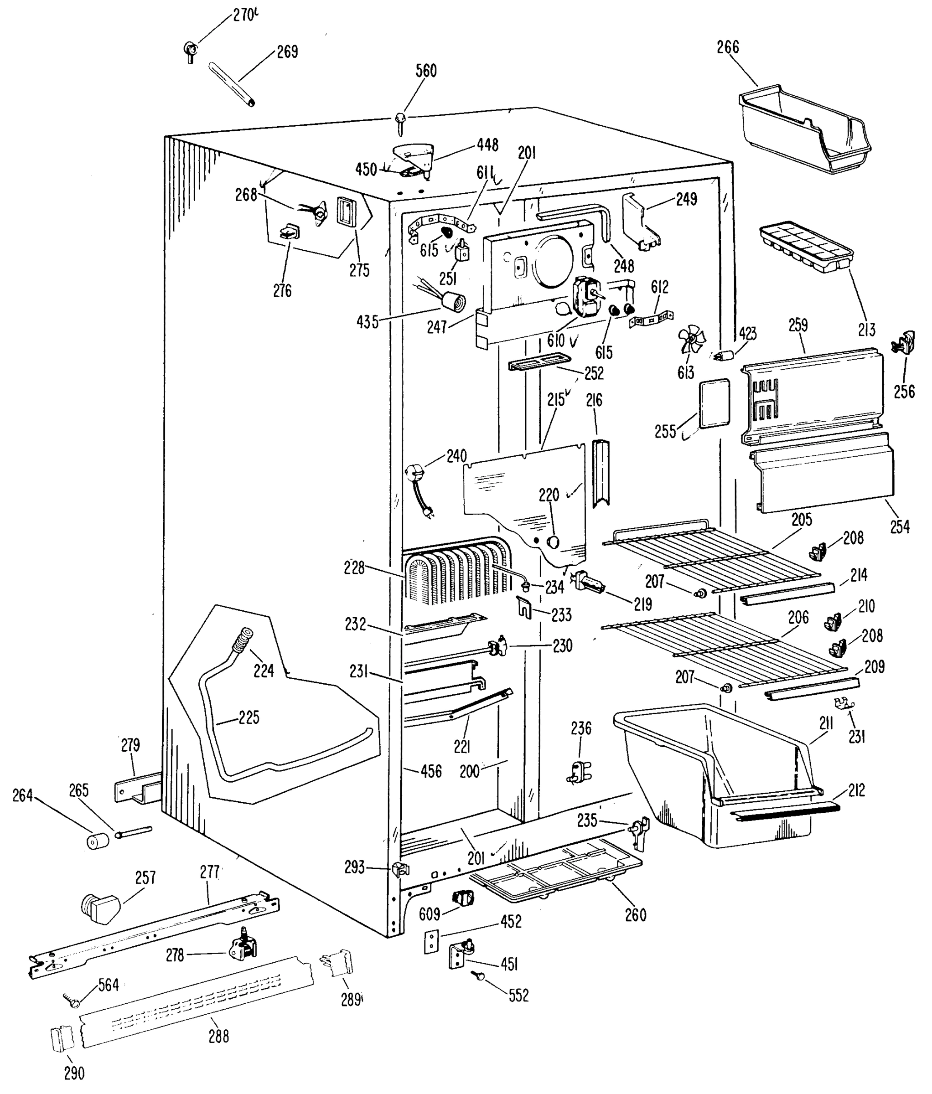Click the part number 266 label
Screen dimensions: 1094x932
point(727,47)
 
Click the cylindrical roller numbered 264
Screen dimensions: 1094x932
point(97,841)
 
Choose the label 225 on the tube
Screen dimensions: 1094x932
point(249,717)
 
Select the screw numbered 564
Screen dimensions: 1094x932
point(72,999)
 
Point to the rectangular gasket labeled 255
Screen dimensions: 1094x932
point(714,403)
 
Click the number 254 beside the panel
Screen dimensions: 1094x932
point(899,526)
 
